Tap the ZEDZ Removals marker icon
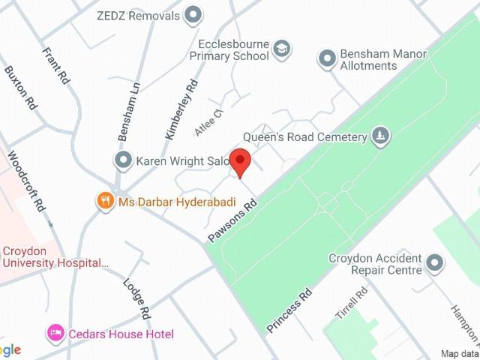193,15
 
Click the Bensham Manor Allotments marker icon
327,58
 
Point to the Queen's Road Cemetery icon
381,136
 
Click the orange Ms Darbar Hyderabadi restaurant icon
105,201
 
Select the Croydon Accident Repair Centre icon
434,262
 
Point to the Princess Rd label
289,310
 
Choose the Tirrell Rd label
351,303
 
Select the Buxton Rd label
20,88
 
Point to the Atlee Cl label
209,121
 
